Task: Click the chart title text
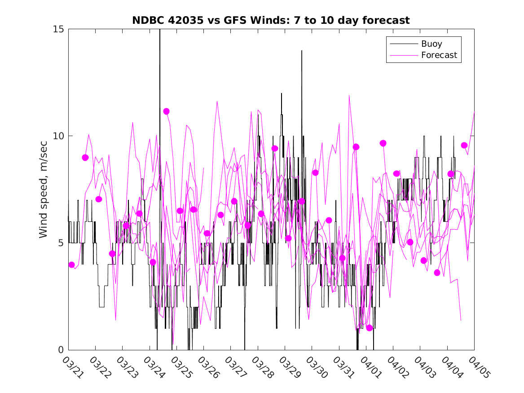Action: pos(271,20)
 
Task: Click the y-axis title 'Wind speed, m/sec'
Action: pos(44,189)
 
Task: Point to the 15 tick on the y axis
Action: pos(59,29)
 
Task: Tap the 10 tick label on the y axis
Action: pos(59,136)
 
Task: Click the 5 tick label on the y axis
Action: pos(62,243)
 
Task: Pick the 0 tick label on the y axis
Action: pos(62,350)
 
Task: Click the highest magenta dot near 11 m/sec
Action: pos(166,111)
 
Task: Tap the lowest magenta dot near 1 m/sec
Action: pos(370,328)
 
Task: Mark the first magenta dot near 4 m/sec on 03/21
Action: pos(72,265)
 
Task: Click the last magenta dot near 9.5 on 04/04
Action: pos(464,145)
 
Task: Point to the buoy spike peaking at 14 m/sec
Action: pos(302,51)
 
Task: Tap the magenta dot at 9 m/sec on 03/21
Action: pos(85,157)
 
